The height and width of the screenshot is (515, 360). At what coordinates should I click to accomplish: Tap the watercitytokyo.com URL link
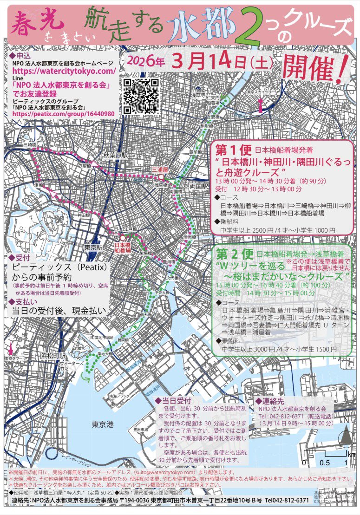pos(64,71)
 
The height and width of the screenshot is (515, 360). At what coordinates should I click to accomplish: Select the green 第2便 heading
pos(234,254)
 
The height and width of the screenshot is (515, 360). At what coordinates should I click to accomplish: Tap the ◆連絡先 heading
pos(271,401)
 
